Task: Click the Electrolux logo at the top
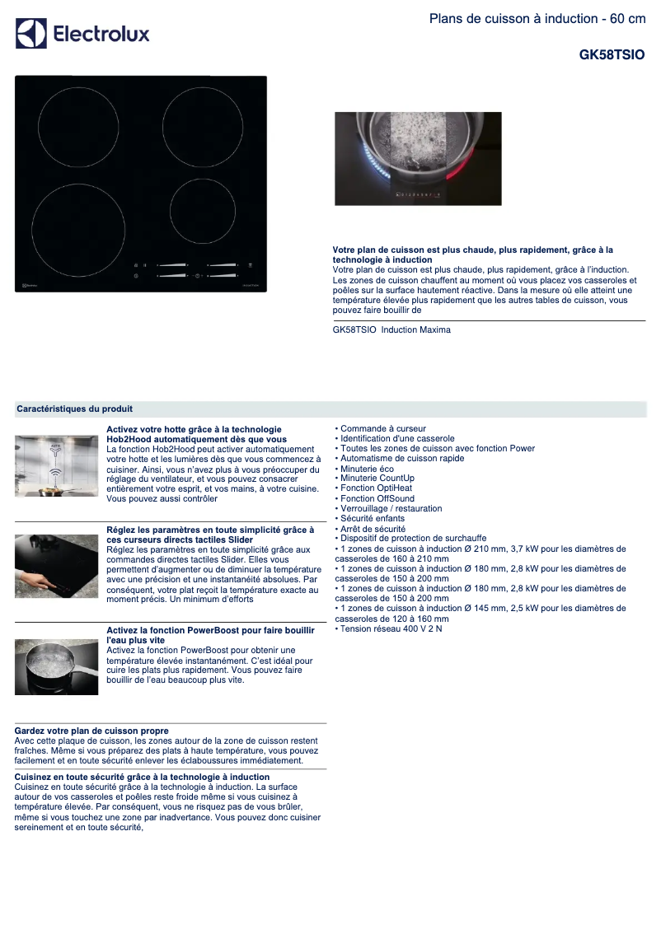pyautogui.click(x=82, y=34)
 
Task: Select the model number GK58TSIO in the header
pyautogui.click(x=612, y=55)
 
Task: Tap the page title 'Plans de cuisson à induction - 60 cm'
pyautogui.click(x=537, y=19)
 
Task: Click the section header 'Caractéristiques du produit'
pyautogui.click(x=75, y=409)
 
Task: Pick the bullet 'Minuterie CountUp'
pyautogui.click(x=377, y=479)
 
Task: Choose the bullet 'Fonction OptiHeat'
pyautogui.click(x=376, y=488)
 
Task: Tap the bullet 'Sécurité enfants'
pyautogui.click(x=372, y=519)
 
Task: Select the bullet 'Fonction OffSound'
pyautogui.click(x=377, y=498)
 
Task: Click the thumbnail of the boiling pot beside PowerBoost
pyautogui.click(x=56, y=666)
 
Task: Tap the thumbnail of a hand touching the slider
pyautogui.click(x=56, y=567)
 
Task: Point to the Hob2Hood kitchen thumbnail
pyautogui.click(x=56, y=466)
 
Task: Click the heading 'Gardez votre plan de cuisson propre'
pyautogui.click(x=91, y=731)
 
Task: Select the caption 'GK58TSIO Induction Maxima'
pyautogui.click(x=391, y=329)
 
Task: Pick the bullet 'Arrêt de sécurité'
pyautogui.click(x=373, y=529)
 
